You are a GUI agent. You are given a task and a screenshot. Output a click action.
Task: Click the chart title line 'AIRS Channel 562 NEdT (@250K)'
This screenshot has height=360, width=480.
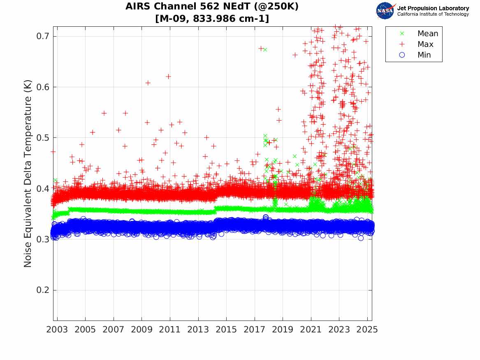coord(212,7)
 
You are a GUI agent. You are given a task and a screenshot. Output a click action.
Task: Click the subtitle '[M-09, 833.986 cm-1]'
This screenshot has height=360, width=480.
coord(212,19)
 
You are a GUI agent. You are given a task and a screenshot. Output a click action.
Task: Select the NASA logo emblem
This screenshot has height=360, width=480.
coord(385,11)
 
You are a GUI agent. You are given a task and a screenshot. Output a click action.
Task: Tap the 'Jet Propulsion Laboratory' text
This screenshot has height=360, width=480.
coord(433,8)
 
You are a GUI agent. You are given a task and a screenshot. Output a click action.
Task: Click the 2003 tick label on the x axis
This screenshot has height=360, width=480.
coord(57,330)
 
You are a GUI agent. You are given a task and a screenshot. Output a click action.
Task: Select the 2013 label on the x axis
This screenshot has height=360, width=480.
coord(198,330)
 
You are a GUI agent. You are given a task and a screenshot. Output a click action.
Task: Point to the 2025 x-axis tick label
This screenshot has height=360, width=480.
coord(367,330)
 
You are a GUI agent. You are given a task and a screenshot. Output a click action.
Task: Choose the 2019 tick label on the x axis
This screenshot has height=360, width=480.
coord(283,330)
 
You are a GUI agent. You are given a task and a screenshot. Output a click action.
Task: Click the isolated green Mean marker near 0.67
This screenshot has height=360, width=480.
coord(265,49)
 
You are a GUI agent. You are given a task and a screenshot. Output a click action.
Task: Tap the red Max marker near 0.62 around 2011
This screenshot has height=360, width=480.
coord(168,77)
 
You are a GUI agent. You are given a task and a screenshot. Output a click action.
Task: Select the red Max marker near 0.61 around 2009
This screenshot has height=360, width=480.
coord(148,83)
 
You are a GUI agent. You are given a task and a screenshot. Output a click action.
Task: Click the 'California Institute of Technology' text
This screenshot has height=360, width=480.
coord(433,14)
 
